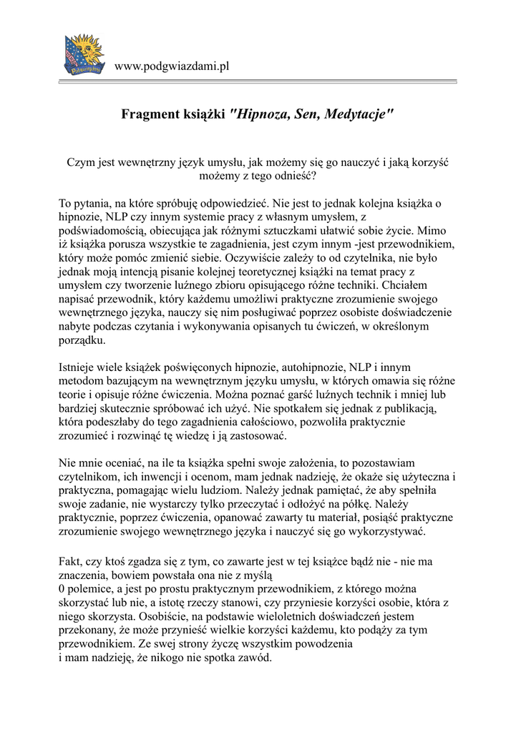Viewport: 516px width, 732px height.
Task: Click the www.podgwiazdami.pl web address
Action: pos(171,66)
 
